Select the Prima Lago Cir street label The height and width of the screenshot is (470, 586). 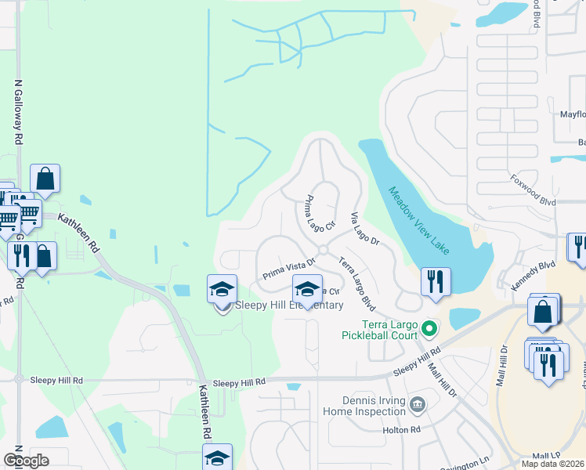[x=320, y=213]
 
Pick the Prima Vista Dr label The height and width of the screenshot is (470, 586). [x=288, y=271]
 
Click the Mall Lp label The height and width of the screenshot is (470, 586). [x=546, y=454]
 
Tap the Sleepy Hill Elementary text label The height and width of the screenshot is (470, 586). [x=289, y=305]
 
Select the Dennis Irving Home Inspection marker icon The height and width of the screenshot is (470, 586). [x=418, y=405]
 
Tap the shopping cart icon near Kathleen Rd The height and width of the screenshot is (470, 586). [x=28, y=212]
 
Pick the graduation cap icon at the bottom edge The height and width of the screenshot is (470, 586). [x=218, y=458]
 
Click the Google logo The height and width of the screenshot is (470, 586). [x=27, y=461]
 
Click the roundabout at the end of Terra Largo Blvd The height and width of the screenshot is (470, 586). [x=322, y=249]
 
